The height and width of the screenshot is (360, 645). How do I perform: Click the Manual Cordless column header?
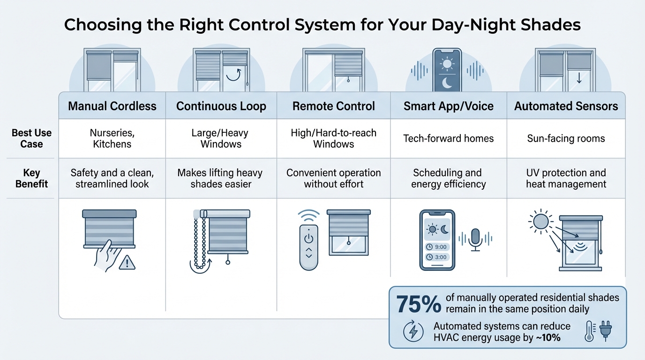[112, 106]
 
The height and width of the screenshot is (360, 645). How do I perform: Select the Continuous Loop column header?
[221, 106]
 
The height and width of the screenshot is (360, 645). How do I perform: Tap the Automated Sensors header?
[566, 106]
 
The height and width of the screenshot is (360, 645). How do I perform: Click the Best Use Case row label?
[31, 138]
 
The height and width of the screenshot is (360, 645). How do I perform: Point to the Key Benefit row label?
[31, 178]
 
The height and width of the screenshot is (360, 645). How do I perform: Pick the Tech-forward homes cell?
[449, 138]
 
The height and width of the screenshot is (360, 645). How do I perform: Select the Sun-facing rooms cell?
[566, 138]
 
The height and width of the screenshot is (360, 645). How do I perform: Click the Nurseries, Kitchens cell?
[112, 138]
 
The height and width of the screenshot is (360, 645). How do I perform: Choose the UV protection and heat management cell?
[566, 178]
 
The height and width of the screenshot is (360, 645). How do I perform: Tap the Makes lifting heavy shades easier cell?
[221, 178]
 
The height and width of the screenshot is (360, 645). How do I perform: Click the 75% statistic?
[419, 304]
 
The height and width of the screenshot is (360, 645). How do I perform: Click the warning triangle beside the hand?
[127, 263]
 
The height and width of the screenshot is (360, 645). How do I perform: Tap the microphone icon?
[475, 239]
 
